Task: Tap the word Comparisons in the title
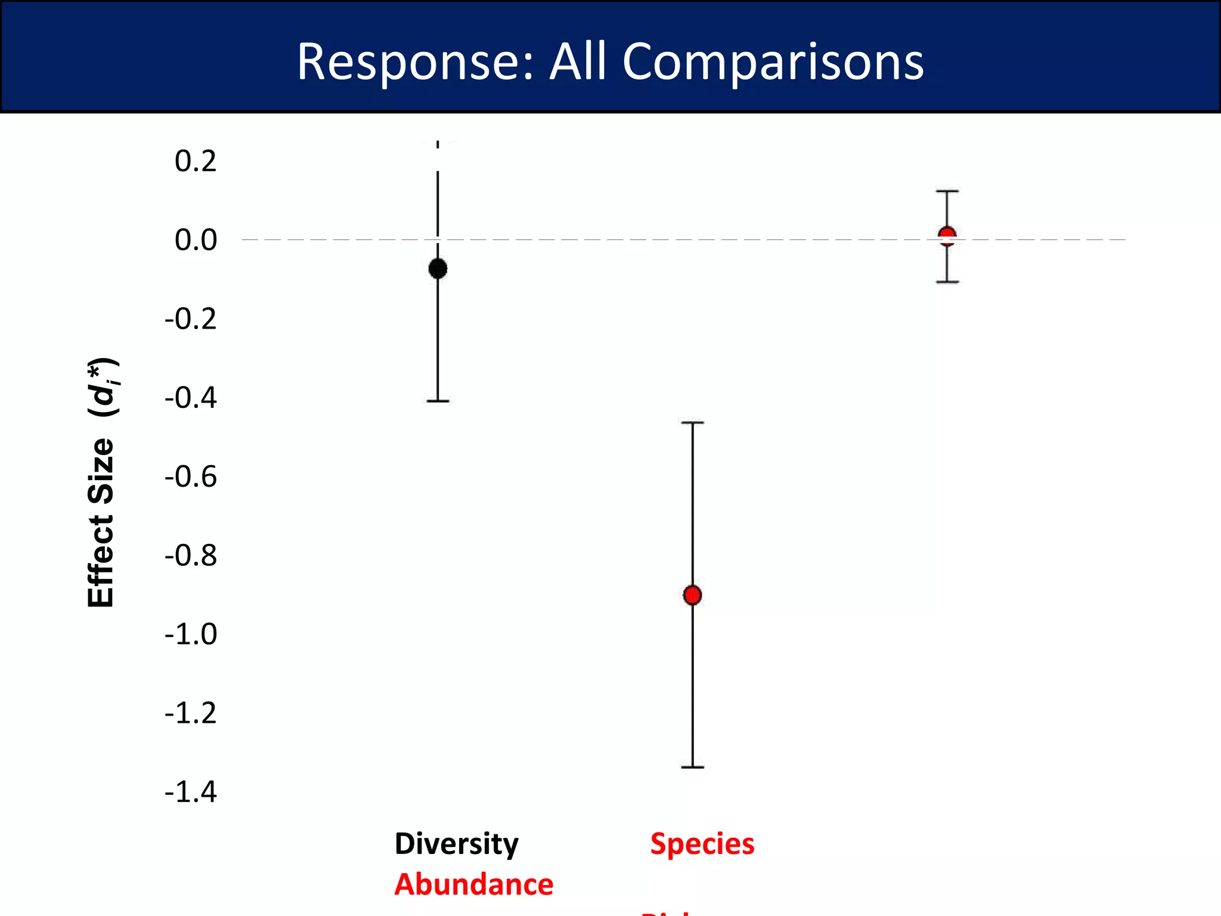(x=773, y=63)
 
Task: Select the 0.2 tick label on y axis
(x=196, y=161)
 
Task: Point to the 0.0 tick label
(x=196, y=240)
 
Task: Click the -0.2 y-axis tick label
(x=191, y=319)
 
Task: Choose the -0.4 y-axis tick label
(x=191, y=398)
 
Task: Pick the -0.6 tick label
(x=191, y=476)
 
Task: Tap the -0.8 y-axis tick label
(x=191, y=555)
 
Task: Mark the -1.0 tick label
(x=191, y=634)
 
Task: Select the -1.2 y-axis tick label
(x=191, y=713)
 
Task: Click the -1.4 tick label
(x=191, y=793)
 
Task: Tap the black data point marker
(x=438, y=268)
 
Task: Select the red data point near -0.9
(x=692, y=595)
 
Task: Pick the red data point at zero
(x=947, y=236)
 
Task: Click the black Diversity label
(x=457, y=844)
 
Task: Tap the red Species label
(x=702, y=844)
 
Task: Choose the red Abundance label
(x=474, y=884)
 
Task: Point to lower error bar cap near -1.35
(x=692, y=767)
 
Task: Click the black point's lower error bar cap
(x=438, y=401)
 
